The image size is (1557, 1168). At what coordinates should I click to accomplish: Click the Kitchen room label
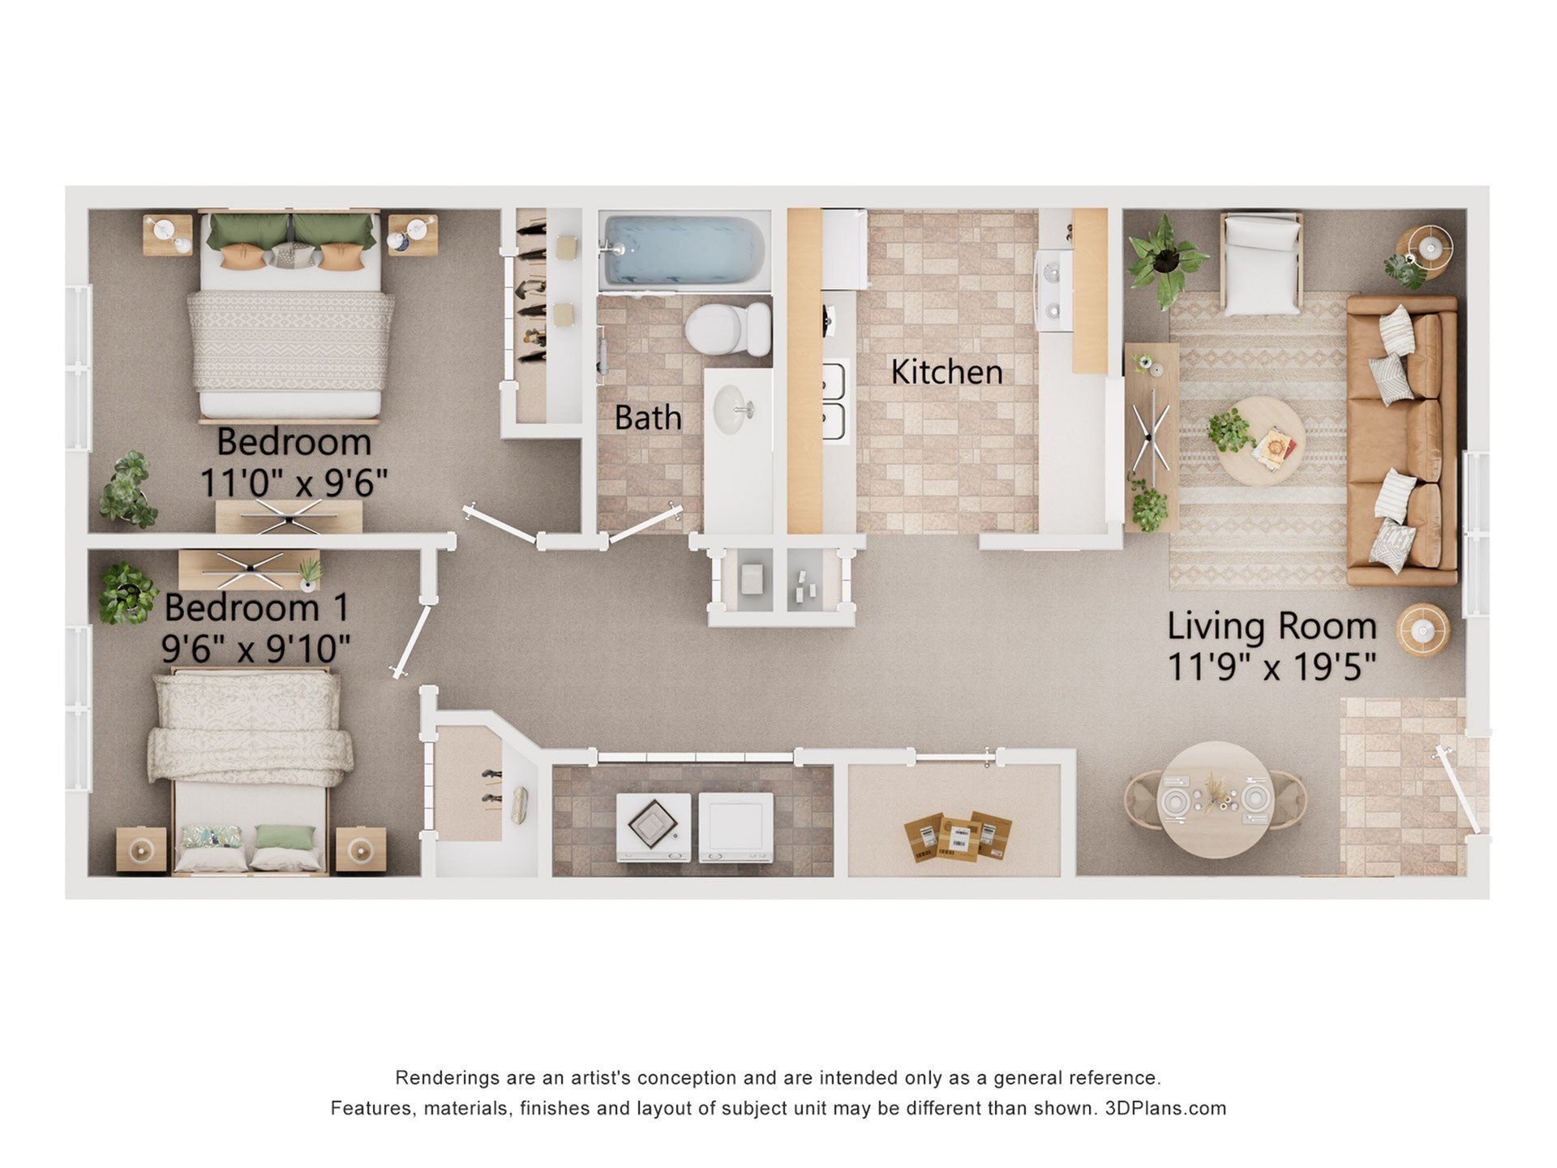click(x=946, y=371)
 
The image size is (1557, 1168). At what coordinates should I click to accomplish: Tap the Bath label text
click(x=647, y=418)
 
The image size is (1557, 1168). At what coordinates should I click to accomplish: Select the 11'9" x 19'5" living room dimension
click(x=1272, y=668)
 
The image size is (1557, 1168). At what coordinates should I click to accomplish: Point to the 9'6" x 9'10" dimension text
click(x=255, y=648)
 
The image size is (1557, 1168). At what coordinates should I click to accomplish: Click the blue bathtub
click(x=684, y=249)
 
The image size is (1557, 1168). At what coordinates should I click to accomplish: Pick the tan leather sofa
click(x=1401, y=440)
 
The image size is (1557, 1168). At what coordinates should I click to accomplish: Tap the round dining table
click(x=1214, y=800)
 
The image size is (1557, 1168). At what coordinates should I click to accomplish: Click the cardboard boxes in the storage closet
click(x=958, y=835)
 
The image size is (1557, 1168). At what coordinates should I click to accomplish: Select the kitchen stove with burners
click(x=1054, y=290)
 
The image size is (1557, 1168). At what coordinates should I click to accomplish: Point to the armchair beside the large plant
click(x=1261, y=264)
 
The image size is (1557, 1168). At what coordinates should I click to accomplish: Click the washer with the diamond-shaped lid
click(x=653, y=826)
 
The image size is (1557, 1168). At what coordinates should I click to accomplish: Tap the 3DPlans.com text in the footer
click(x=1165, y=1108)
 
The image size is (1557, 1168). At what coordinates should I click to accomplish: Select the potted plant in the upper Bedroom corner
click(x=128, y=491)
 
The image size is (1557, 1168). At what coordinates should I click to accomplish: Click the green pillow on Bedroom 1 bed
click(x=285, y=837)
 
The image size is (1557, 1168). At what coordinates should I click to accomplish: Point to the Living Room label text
click(x=1272, y=626)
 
